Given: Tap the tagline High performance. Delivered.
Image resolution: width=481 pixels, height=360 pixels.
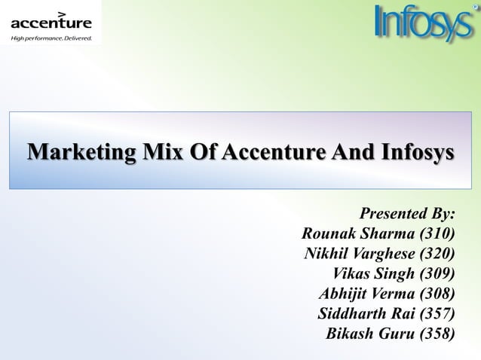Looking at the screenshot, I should point(51,37).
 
